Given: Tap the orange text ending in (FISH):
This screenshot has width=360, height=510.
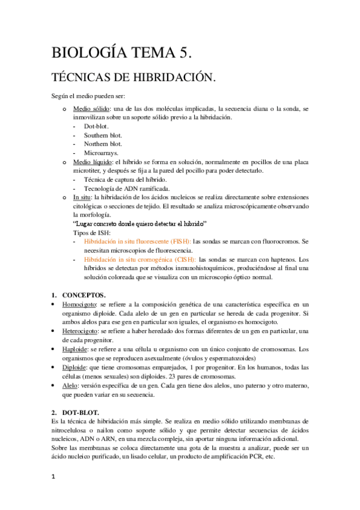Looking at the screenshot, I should click(x=137, y=241).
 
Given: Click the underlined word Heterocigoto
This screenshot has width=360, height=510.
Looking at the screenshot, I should click(x=81, y=331).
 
